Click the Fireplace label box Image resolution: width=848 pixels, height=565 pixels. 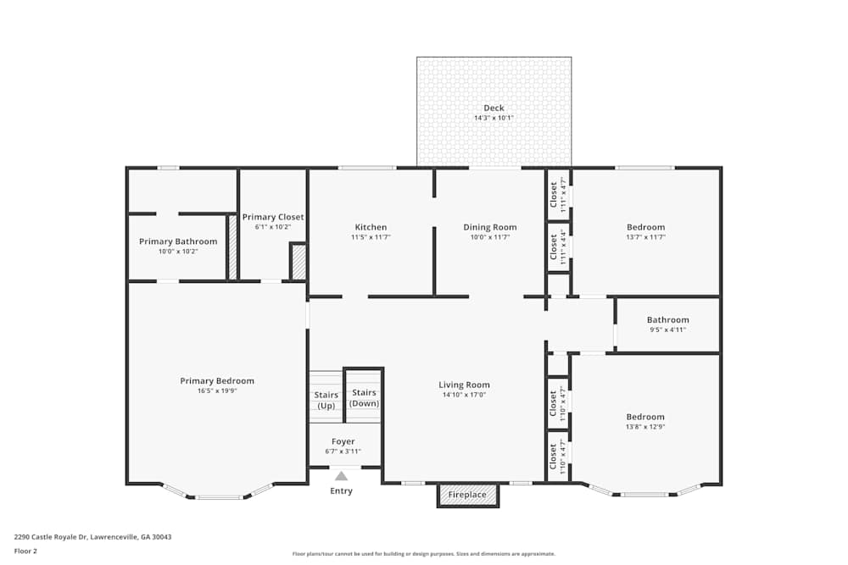467,495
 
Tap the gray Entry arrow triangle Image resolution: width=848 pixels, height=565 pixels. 341,476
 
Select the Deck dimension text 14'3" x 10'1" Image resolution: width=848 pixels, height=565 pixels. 494,118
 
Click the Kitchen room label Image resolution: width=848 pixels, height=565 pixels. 371,227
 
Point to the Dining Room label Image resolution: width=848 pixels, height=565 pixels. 489,227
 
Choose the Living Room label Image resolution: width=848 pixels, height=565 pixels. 464,385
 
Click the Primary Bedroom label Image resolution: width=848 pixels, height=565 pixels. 217,380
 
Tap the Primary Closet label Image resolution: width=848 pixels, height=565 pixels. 273,217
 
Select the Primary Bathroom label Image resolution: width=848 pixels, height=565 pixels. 178,241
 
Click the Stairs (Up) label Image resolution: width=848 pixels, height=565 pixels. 326,400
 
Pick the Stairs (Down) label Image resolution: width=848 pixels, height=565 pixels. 364,397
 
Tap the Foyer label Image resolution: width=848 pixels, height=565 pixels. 343,441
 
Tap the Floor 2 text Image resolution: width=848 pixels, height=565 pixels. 25,550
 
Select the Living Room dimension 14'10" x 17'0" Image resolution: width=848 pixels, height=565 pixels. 464,395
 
